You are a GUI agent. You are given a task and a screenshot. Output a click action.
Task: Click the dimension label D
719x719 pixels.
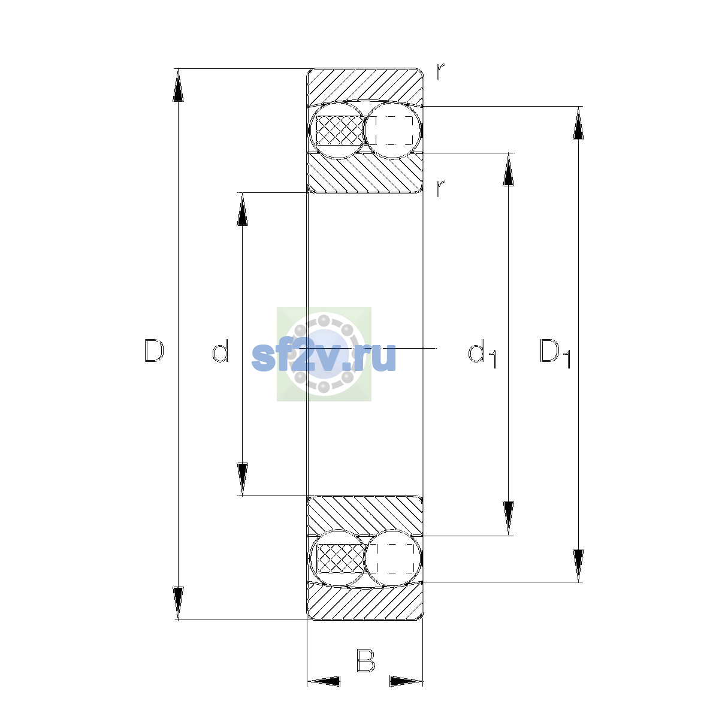tap(154, 351)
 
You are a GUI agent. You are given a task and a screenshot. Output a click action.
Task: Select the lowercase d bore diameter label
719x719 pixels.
tap(220, 351)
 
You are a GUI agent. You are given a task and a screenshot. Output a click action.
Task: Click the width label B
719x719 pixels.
tap(365, 660)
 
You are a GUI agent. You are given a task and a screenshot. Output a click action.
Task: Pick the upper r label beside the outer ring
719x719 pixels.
tap(440, 72)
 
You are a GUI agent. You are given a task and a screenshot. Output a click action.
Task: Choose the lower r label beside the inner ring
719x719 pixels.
tap(440, 188)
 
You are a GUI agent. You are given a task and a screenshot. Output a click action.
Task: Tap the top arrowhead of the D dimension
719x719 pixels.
tap(178, 85)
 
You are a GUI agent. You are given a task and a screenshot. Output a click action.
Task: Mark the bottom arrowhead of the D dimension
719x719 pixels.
tap(178, 603)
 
